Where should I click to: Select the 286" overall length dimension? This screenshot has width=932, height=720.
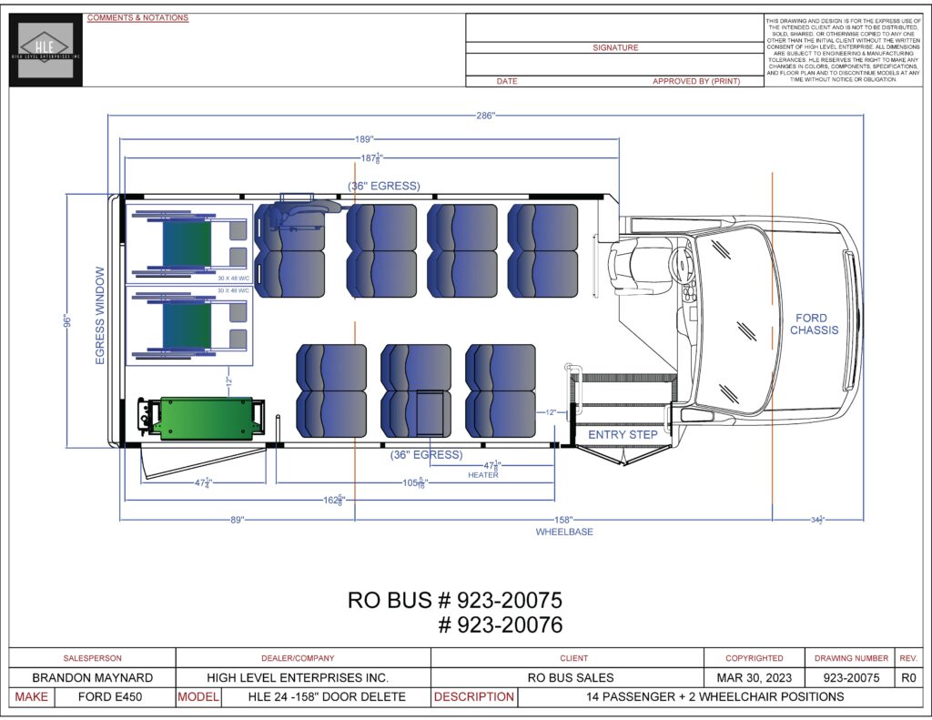tap(484, 116)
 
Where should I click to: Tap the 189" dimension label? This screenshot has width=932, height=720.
tap(364, 139)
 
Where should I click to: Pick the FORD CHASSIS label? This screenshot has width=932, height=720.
tap(814, 324)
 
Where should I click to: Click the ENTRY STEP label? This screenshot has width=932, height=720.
tap(623, 434)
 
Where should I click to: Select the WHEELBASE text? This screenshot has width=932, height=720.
tap(563, 532)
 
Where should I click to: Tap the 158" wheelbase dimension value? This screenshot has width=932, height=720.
tap(563, 519)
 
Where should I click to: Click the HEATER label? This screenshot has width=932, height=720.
tap(483, 475)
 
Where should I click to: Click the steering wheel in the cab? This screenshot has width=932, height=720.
tap(680, 265)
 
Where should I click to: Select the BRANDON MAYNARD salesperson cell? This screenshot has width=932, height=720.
tap(92, 678)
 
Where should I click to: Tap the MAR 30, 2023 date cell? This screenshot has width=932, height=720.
tap(754, 678)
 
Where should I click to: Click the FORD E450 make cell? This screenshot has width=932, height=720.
tap(114, 697)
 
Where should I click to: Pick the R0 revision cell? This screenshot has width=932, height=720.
tap(907, 678)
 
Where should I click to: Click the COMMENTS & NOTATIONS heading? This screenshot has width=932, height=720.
tap(137, 18)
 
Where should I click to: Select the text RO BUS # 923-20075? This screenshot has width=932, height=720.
tap(455, 601)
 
